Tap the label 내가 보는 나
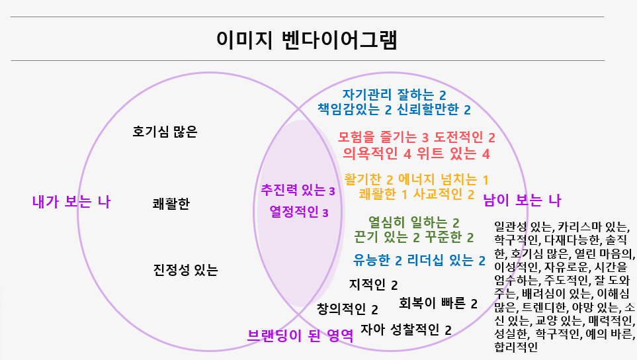coord(71,202)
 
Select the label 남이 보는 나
coord(522,199)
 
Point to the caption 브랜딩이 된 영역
coord(299,335)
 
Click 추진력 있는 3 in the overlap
coord(298,191)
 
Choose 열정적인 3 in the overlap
coord(299,212)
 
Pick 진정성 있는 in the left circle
coord(185,270)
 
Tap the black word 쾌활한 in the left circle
coord(171,204)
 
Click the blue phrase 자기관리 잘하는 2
coord(394,95)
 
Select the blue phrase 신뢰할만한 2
coord(434,109)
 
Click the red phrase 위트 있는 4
coord(459,154)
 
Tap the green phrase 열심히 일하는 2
coord(413,222)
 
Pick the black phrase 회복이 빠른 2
coord(438,304)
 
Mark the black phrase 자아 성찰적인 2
coord(406,330)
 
